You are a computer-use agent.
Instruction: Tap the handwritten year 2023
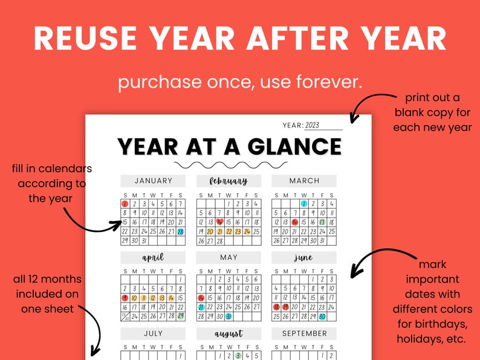pyautogui.click(x=312, y=126)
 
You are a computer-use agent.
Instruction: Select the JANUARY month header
pyautogui.click(x=153, y=181)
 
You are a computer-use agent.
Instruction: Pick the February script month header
pyautogui.click(x=229, y=181)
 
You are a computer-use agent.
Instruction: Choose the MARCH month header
pyautogui.click(x=304, y=181)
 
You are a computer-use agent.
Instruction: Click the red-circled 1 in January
pyautogui.click(x=125, y=204)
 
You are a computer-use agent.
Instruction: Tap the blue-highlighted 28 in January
pyautogui.click(x=180, y=231)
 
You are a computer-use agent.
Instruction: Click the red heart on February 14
pyautogui.click(x=219, y=222)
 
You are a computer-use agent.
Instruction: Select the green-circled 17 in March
pyautogui.click(x=322, y=222)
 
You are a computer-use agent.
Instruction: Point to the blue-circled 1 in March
pyautogui.click(x=304, y=204)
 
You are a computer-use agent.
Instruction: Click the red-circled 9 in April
pyautogui.click(x=125, y=298)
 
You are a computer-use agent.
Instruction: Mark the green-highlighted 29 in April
pyautogui.click(x=180, y=316)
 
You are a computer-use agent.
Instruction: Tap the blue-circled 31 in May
pyautogui.click(x=229, y=316)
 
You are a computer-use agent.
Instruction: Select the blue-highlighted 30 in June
pyautogui.click(x=322, y=316)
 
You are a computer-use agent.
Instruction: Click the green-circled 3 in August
pyautogui.click(x=238, y=356)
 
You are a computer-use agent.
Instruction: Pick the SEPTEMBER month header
pyautogui.click(x=304, y=333)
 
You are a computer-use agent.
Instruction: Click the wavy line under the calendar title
pyautogui.click(x=229, y=164)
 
